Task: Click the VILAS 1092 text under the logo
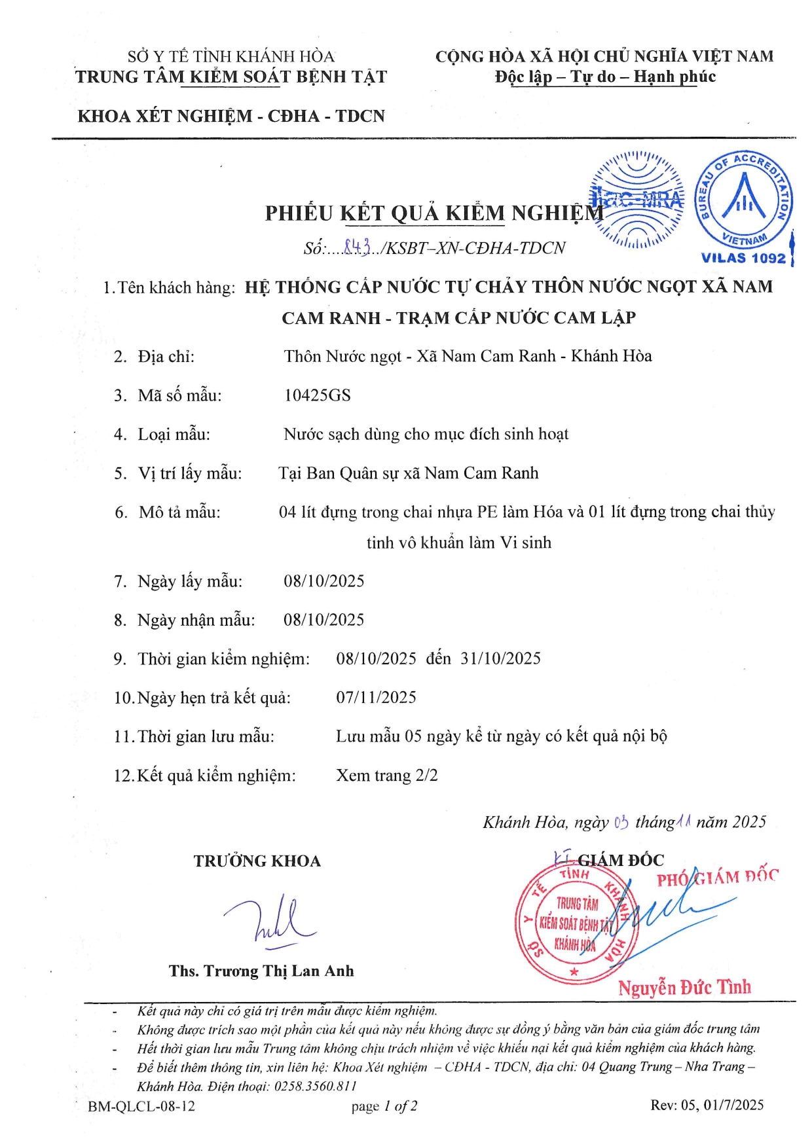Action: coord(743,258)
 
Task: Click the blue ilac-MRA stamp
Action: coord(637,200)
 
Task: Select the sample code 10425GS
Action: coord(318,395)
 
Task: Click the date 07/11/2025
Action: coord(377,698)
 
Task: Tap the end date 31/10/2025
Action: coord(501,658)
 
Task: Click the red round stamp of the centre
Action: coord(574,924)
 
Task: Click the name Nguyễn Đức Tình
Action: coord(685,987)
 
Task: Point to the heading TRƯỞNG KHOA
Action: coord(257,861)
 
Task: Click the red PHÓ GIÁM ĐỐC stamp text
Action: coord(718,877)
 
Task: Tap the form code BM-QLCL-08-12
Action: coord(141,1106)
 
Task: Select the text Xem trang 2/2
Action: coord(387,776)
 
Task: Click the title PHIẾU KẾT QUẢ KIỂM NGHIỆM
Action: coord(434,213)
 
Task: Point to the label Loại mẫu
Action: coord(174,435)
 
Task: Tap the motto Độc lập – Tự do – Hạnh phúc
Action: coord(605,77)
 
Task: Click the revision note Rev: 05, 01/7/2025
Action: coord(707,1105)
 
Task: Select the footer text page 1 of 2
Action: coord(384,1106)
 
